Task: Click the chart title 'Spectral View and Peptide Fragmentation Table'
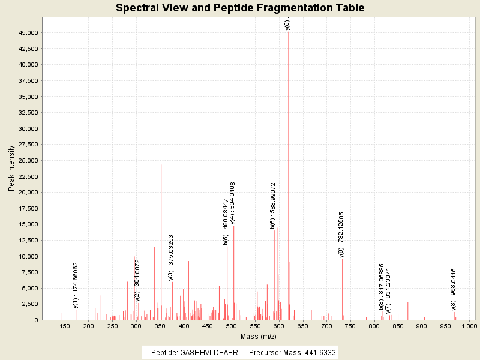[240, 8]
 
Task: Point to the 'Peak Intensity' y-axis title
[11, 170]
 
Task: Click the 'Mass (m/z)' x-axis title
[256, 337]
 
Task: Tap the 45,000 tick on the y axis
[29, 32]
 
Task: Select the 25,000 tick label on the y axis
[29, 160]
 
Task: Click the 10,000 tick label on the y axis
[29, 256]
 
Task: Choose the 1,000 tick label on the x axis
[469, 326]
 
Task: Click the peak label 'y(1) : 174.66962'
[76, 285]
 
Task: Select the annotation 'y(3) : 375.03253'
[171, 258]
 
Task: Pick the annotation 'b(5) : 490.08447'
[226, 222]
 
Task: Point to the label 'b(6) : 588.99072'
[273, 206]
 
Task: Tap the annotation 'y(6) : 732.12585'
[341, 235]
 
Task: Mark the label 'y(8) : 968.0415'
[454, 289]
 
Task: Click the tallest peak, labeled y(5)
[289, 174]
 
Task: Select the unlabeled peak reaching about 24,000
[161, 240]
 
